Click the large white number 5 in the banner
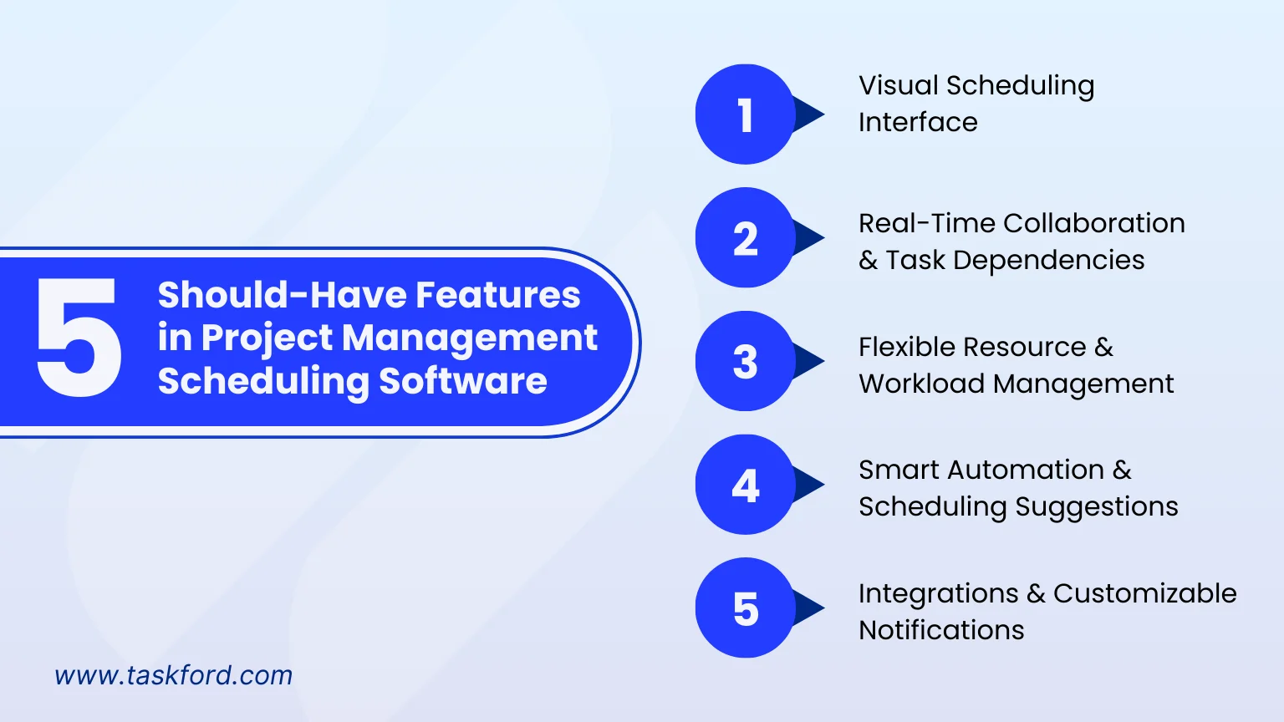(79, 337)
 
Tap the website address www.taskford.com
(174, 675)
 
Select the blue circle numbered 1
(745, 114)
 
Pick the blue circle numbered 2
(745, 237)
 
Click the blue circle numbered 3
(745, 361)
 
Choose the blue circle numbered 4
(745, 484)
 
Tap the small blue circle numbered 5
(745, 608)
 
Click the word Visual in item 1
(898, 85)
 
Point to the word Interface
(918, 122)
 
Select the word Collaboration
(1093, 223)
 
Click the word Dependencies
(1048, 261)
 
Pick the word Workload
(922, 384)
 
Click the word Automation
(1026, 470)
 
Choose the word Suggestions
(1097, 507)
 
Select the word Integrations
(939, 593)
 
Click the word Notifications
(941, 630)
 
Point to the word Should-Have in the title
(282, 294)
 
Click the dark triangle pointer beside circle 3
(808, 361)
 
